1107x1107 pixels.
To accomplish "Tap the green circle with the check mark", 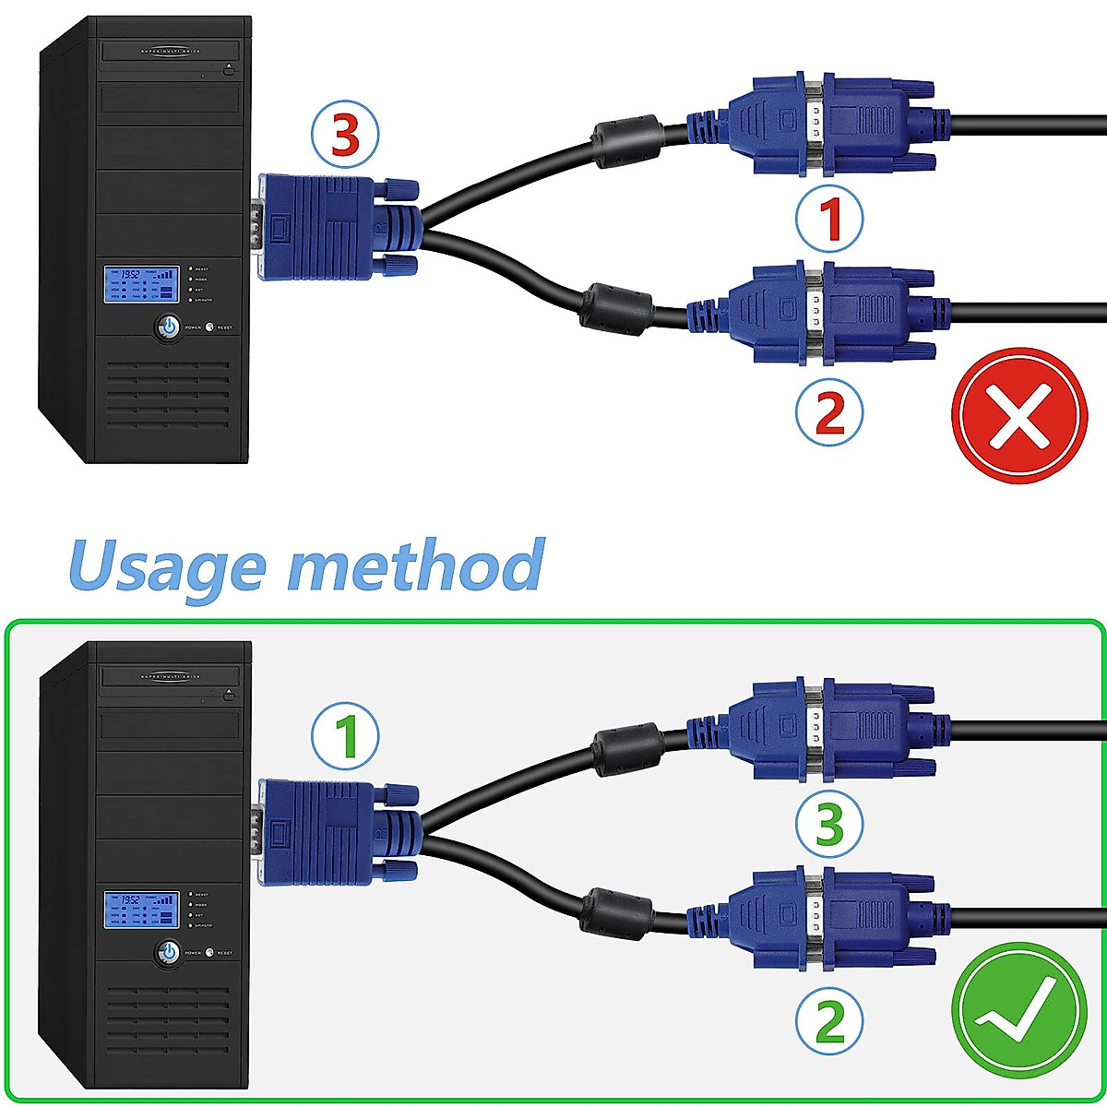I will tap(1018, 1010).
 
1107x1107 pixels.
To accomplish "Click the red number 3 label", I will tap(344, 137).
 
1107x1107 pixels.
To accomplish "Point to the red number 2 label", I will tap(830, 412).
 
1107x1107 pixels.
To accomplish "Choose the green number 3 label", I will tap(830, 823).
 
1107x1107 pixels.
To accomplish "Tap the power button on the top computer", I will tap(169, 327).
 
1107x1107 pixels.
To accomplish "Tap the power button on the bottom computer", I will tap(169, 951).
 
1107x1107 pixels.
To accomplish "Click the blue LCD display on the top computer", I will tap(139, 285).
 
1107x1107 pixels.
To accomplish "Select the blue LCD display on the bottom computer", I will tap(139, 911).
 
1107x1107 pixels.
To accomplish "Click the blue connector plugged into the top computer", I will tap(332, 228).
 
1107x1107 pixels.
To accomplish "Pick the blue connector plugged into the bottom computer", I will tap(332, 832).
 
